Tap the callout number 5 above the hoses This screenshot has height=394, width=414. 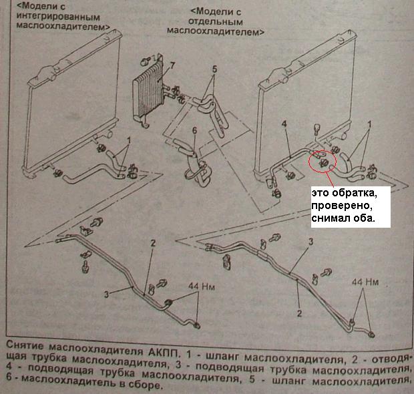click(214, 69)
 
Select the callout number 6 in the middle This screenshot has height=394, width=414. click(194, 131)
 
